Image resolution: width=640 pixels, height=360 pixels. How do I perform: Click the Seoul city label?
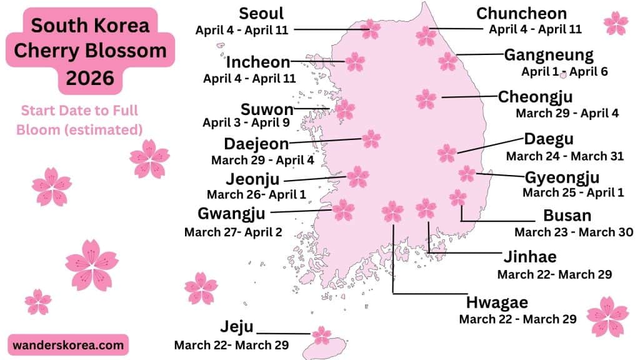click(x=261, y=14)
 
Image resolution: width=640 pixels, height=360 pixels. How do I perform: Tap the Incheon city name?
click(x=257, y=62)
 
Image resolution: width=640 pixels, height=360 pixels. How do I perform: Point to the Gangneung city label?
click(x=549, y=54)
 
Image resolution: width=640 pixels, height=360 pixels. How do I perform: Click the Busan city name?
click(x=567, y=216)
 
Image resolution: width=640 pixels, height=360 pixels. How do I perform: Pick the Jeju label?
click(x=236, y=326)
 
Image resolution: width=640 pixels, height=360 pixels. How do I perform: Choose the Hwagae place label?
click(x=497, y=303)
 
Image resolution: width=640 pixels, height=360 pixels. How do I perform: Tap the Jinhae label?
click(x=529, y=257)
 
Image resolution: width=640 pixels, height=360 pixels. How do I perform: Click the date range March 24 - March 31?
click(x=564, y=156)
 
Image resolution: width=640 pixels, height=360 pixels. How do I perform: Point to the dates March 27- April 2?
click(x=233, y=232)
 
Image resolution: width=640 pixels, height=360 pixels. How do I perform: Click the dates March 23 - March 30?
click(x=574, y=232)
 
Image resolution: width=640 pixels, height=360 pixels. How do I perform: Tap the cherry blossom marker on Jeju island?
click(x=321, y=335)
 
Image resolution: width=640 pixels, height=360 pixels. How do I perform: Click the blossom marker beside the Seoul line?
click(x=371, y=28)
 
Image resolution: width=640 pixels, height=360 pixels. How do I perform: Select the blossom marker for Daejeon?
click(x=371, y=139)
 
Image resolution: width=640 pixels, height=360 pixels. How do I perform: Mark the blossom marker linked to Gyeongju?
click(x=467, y=173)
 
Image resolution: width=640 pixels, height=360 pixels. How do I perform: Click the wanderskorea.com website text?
click(x=69, y=344)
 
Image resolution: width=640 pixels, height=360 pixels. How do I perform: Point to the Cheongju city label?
click(x=535, y=97)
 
